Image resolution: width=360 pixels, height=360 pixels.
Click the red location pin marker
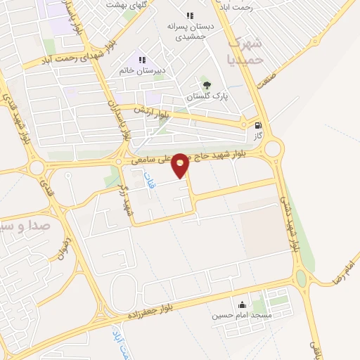point(181,165)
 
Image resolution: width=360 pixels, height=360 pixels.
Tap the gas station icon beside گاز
point(259,125)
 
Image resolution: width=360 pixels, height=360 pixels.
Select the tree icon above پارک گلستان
point(205,86)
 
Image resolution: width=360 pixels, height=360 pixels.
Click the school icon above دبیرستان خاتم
point(142,60)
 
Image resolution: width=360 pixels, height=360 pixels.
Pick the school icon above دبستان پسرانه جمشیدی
point(189,15)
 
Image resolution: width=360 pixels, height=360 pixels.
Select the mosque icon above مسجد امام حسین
point(243,305)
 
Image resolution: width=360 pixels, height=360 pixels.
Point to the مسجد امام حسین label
point(243,315)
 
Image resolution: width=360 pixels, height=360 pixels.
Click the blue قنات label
point(148,179)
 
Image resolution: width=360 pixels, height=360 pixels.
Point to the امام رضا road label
point(346,271)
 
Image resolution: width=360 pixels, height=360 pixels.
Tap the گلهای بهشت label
point(124,5)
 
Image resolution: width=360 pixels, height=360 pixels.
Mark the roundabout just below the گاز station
point(273,148)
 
